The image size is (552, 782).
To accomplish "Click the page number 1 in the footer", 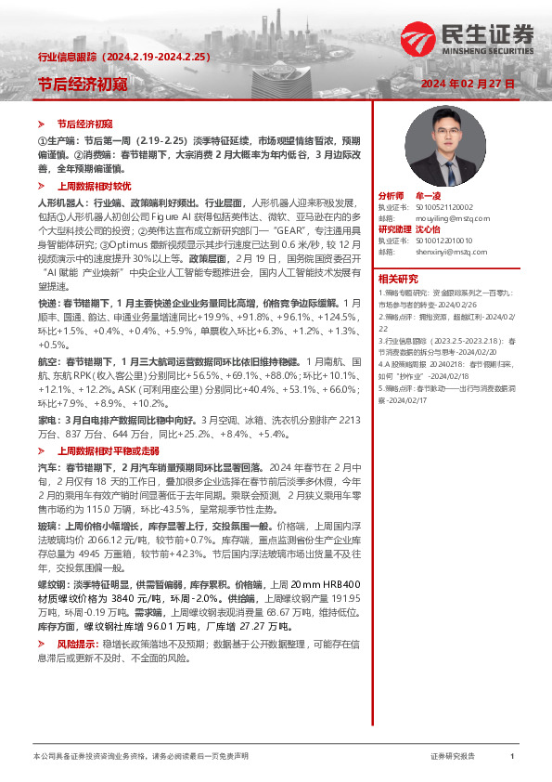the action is pyautogui.click(x=512, y=757).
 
